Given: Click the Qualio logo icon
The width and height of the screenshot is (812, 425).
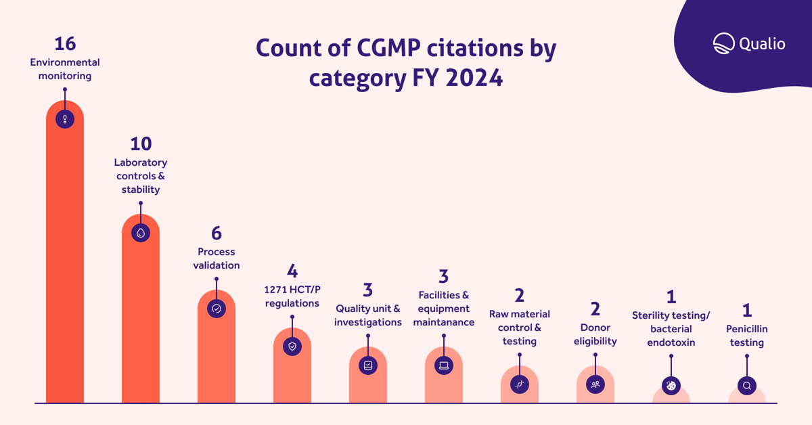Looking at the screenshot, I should pyautogui.click(x=723, y=43).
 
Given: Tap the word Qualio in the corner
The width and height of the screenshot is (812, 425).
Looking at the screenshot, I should pyautogui.click(x=762, y=44).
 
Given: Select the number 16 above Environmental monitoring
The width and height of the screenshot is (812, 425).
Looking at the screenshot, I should pyautogui.click(x=65, y=43).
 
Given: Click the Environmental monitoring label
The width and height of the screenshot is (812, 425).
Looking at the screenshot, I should pyautogui.click(x=65, y=69).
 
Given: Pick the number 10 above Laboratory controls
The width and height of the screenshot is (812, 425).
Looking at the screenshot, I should pyautogui.click(x=141, y=143).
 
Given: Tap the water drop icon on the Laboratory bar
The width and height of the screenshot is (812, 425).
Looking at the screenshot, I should pyautogui.click(x=141, y=233).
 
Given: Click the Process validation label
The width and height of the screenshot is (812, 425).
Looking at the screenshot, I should pyautogui.click(x=217, y=259).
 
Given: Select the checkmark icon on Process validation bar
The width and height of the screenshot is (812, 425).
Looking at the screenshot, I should pyautogui.click(x=217, y=309).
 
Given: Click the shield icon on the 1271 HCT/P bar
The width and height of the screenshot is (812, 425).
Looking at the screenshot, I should pyautogui.click(x=292, y=346).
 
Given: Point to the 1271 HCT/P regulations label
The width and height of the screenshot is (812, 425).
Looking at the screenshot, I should pyautogui.click(x=292, y=296).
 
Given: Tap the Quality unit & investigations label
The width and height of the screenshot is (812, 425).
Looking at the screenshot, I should pyautogui.click(x=368, y=315).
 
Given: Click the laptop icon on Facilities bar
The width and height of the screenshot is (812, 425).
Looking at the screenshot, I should pyautogui.click(x=444, y=365).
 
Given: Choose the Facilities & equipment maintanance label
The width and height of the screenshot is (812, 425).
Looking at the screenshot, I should pyautogui.click(x=444, y=309).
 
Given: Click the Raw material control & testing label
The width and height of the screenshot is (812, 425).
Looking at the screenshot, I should pyautogui.click(x=520, y=328).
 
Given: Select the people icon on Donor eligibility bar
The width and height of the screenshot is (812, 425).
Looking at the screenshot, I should pyautogui.click(x=595, y=384).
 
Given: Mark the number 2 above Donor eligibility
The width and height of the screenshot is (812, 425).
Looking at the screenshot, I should pyautogui.click(x=595, y=309).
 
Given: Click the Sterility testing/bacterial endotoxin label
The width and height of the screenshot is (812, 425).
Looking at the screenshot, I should pyautogui.click(x=671, y=329).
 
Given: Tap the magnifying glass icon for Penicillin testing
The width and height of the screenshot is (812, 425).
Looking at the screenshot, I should pyautogui.click(x=747, y=386).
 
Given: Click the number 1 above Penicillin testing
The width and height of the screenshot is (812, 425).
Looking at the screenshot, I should pyautogui.click(x=747, y=310).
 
